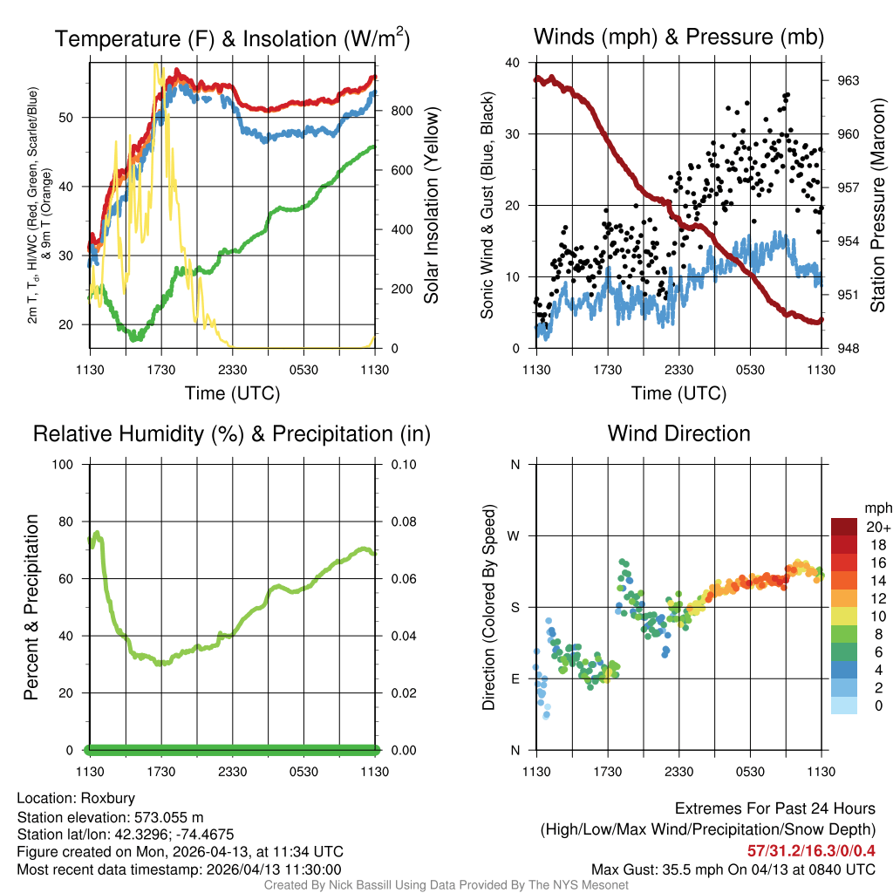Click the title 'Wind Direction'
678,433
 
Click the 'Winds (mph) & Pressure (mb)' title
678,37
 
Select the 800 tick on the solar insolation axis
400,111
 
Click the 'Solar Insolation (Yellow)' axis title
431,206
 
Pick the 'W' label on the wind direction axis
515,535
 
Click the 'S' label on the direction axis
515,607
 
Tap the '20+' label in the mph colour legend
877,527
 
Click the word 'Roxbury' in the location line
108,798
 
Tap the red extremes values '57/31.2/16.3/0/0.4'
811,850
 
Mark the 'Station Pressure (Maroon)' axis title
877,206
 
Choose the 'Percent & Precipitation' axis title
31,607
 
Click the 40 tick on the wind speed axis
514,63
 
